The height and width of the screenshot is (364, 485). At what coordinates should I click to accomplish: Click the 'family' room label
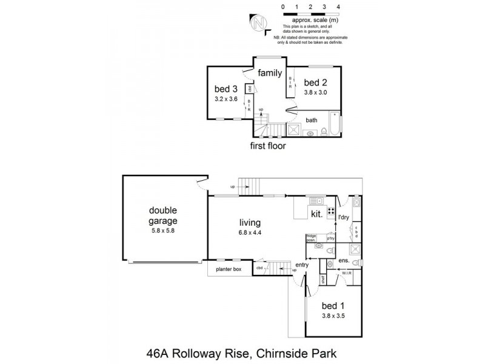(270, 73)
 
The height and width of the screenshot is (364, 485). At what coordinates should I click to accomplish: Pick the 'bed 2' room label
(315, 83)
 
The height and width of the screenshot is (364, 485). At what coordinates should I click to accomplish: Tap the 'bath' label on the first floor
(312, 120)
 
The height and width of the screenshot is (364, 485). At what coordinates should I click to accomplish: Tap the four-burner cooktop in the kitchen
(332, 212)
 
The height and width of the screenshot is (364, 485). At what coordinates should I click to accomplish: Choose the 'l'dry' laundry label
(344, 217)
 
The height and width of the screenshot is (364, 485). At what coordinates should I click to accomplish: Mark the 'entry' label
(302, 265)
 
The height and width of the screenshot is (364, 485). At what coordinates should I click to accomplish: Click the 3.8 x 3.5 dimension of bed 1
(333, 315)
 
